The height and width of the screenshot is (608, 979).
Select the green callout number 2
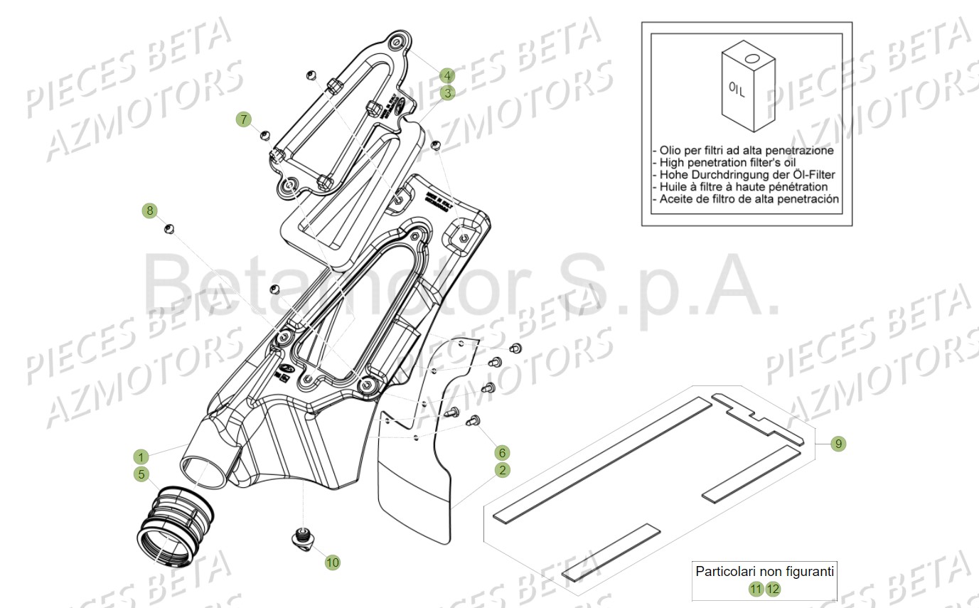[503, 470]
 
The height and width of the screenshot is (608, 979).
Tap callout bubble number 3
[446, 92]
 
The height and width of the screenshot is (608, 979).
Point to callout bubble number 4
[446, 75]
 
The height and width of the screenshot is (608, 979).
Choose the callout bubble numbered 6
[503, 452]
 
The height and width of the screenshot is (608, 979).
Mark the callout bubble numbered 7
[245, 119]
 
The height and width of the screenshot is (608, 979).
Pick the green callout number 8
[149, 210]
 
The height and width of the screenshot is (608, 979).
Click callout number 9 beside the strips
[838, 444]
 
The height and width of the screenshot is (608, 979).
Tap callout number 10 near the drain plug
[332, 562]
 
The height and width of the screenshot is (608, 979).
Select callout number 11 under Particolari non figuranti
[756, 589]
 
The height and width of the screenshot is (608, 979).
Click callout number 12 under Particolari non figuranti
[773, 589]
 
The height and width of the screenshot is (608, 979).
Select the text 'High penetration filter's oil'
[722, 162]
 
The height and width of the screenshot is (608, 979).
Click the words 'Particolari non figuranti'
[764, 571]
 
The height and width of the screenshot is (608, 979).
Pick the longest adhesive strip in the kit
[601, 459]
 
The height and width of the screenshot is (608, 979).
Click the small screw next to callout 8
[169, 228]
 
